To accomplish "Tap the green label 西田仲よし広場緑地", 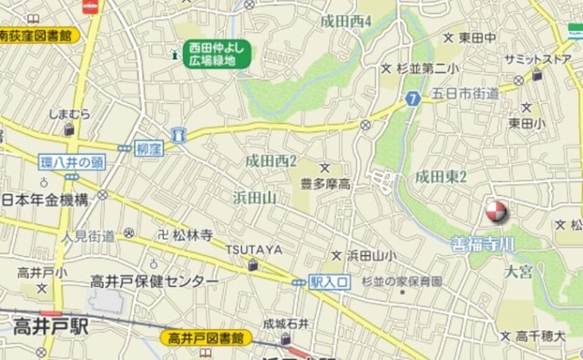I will pos(219,54).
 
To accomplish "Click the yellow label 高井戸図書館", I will pos(208,338).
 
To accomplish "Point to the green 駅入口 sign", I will pos(329,283).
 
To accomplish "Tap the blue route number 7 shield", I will pos(413,98).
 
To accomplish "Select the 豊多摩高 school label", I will pos(325,184).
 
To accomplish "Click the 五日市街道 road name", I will pos(465,93).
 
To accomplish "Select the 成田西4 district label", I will pos(346,19).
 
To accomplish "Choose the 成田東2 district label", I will pos(441,176).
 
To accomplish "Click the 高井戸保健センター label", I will pos(154,282).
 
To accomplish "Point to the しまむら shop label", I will pos(70,114).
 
